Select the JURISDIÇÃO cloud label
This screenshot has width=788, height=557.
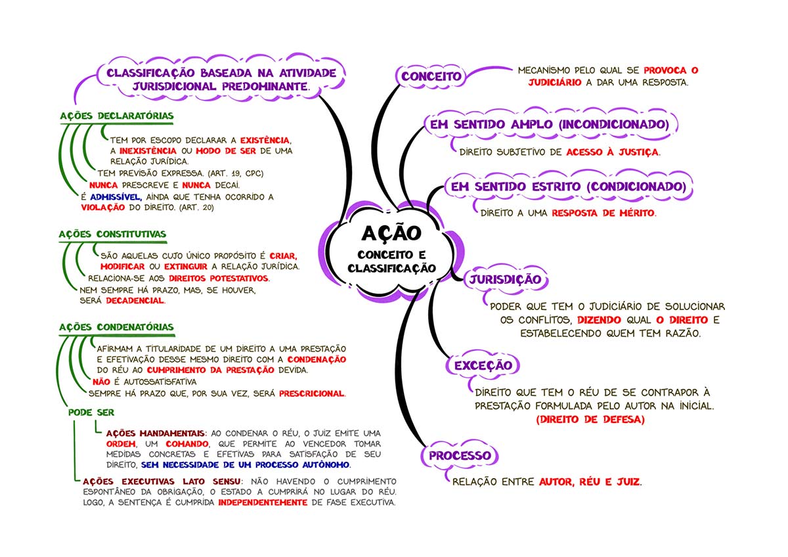point(505,280)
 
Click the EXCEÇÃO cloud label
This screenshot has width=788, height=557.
point(483,365)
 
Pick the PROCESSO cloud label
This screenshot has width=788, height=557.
point(460,456)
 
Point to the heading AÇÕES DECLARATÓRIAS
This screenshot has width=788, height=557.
point(116,116)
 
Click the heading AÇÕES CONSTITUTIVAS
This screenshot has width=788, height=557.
point(112,234)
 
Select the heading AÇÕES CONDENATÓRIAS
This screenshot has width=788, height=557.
point(116,327)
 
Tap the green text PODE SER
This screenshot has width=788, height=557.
point(91,412)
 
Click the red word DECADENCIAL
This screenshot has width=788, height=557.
point(135,300)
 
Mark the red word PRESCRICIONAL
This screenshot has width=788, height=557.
point(311,393)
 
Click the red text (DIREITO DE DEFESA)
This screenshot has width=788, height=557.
point(590,418)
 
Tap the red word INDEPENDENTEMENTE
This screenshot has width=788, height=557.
point(263,502)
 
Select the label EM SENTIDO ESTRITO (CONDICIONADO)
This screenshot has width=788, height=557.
point(568,187)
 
